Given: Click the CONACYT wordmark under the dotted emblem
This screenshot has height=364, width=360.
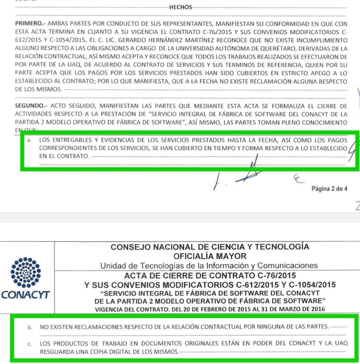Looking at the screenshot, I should [26, 295].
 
